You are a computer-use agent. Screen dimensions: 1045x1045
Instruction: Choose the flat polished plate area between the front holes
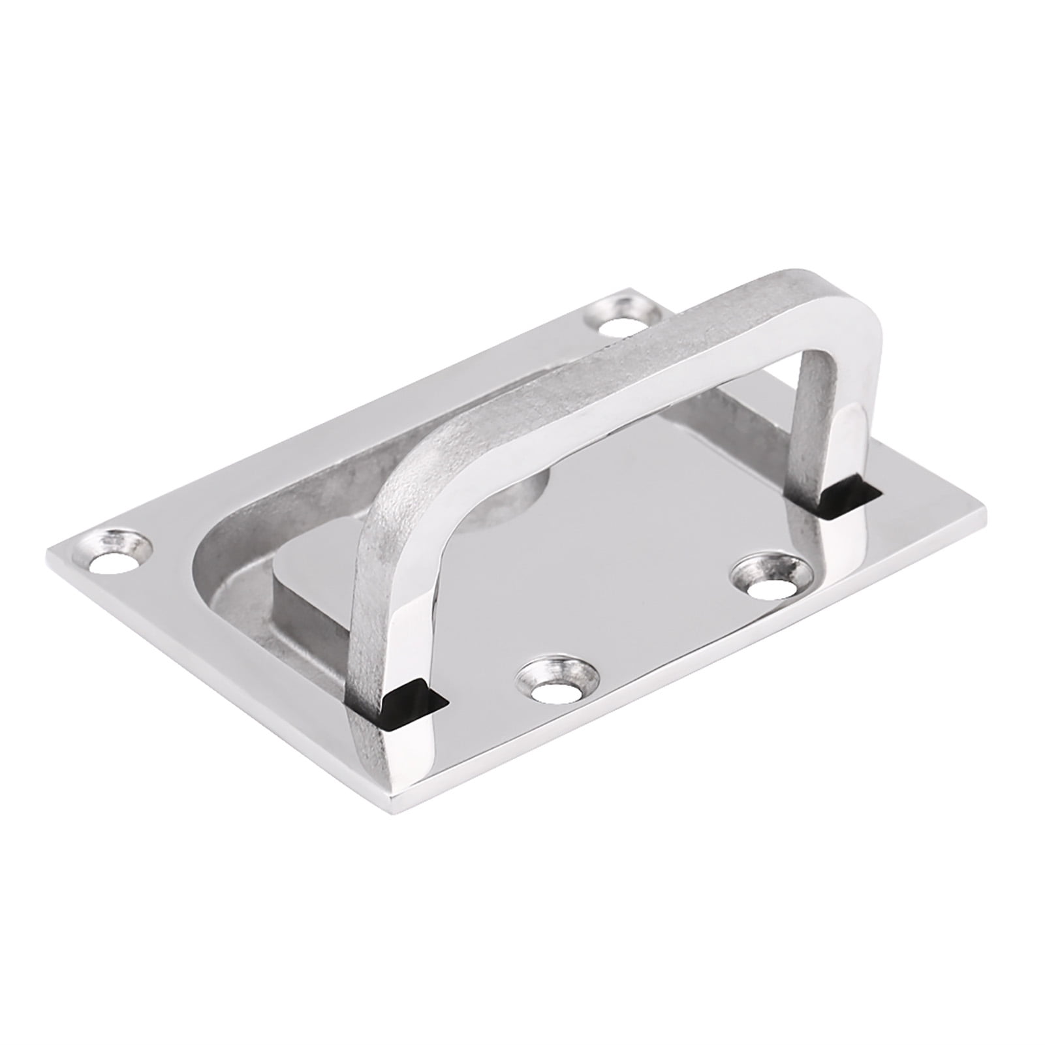click(x=653, y=640)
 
